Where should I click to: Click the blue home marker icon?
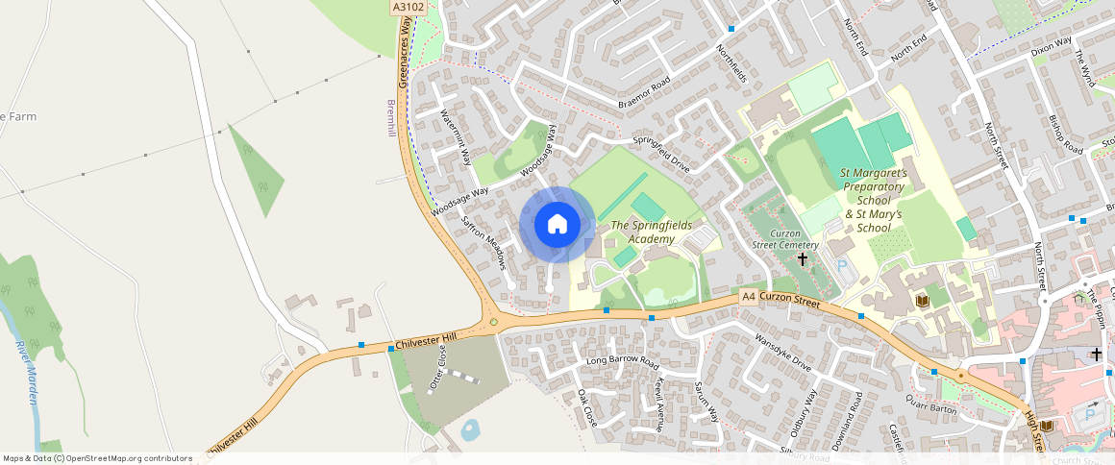pyautogui.click(x=557, y=224)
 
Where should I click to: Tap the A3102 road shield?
pyautogui.click(x=408, y=7)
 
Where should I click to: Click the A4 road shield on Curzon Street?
pyautogui.click(x=749, y=298)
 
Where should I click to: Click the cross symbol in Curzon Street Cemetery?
pyautogui.click(x=803, y=259)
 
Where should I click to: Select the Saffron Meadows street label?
pyautogui.click(x=483, y=242)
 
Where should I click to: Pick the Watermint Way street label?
pyautogui.click(x=455, y=138)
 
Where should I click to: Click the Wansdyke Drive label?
pyautogui.click(x=784, y=354)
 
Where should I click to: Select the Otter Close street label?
pyautogui.click(x=437, y=368)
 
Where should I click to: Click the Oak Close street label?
pyautogui.click(x=587, y=407)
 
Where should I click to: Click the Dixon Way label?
pyautogui.click(x=1050, y=46)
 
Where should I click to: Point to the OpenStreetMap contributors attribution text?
pyautogui.click(x=97, y=458)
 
